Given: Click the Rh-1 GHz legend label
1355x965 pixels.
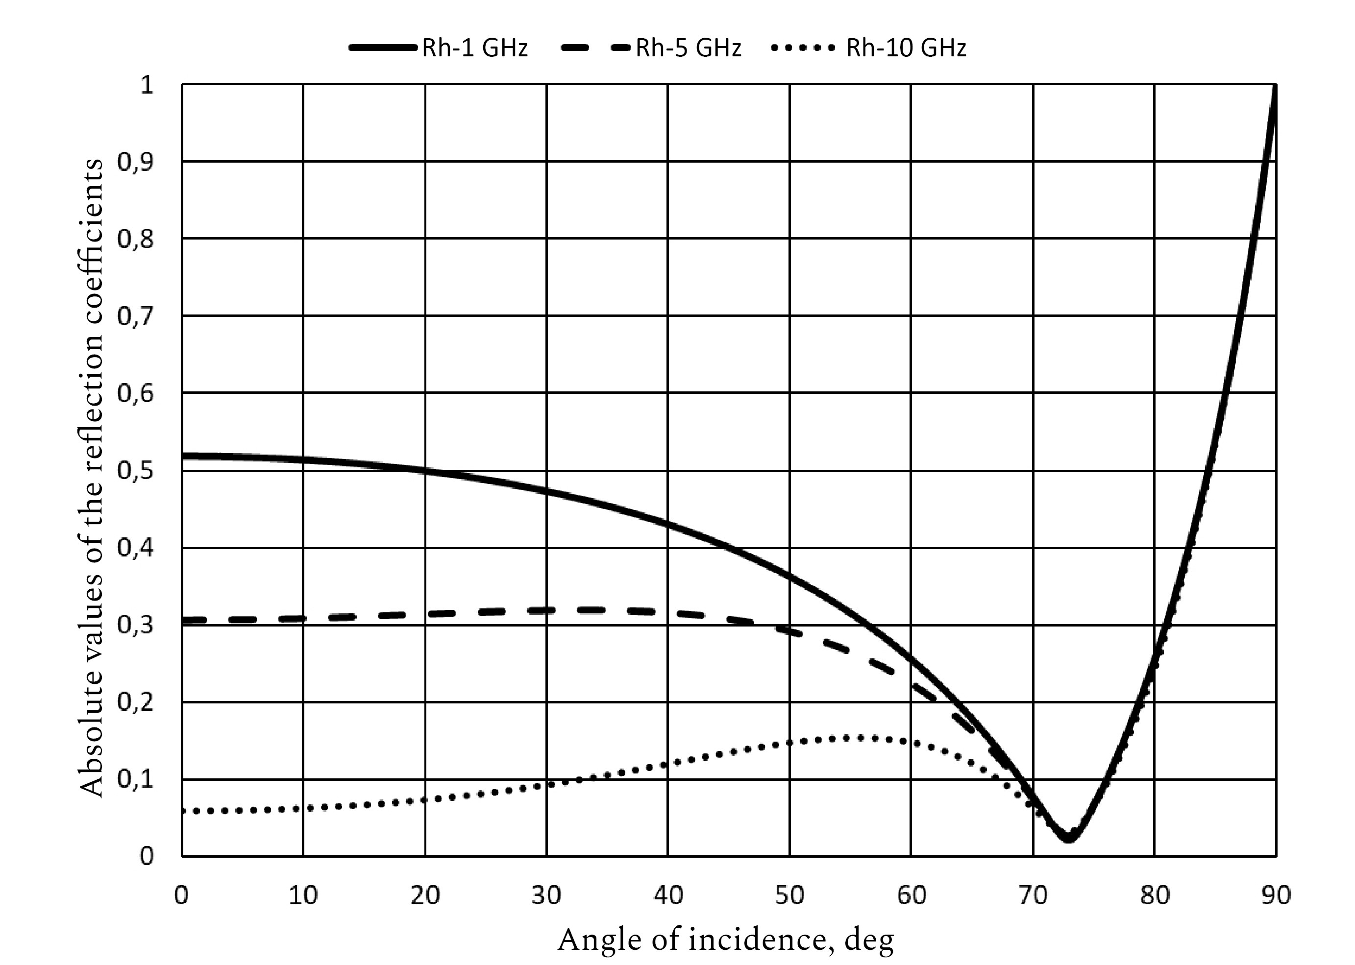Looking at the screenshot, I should click(x=474, y=48).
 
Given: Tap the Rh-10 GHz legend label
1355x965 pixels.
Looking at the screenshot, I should click(x=906, y=48).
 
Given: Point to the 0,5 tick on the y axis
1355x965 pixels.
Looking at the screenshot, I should click(x=135, y=471).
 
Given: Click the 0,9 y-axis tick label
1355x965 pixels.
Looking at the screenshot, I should click(x=135, y=162).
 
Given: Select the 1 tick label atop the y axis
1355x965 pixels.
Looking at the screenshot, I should click(x=146, y=85).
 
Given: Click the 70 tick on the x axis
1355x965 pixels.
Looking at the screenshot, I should click(x=1034, y=895).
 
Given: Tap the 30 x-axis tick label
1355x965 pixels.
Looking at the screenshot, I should click(x=546, y=895).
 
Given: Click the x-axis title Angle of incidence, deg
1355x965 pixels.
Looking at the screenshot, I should click(x=726, y=940).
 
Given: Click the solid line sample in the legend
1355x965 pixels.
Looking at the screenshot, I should click(x=383, y=48).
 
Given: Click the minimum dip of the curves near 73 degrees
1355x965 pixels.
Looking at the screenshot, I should click(x=1068, y=838).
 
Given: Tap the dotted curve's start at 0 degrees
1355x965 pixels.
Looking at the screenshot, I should click(x=183, y=811).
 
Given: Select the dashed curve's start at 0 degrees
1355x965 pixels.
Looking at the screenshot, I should click(x=183, y=620).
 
